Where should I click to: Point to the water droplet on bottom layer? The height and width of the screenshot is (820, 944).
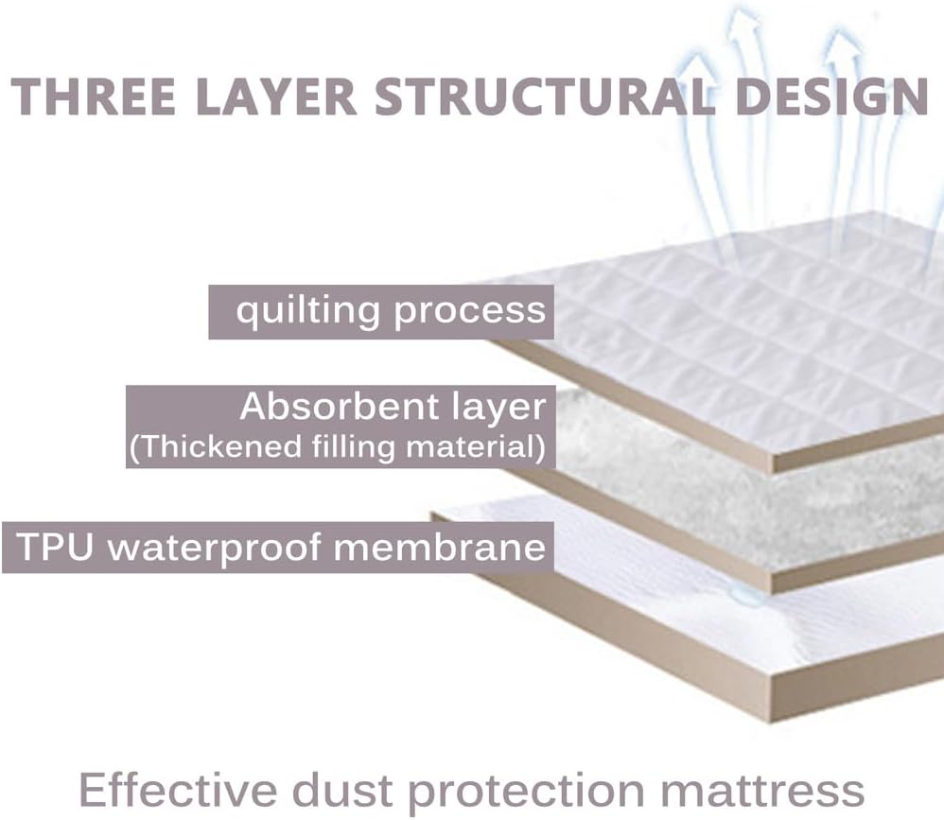click(747, 595)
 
